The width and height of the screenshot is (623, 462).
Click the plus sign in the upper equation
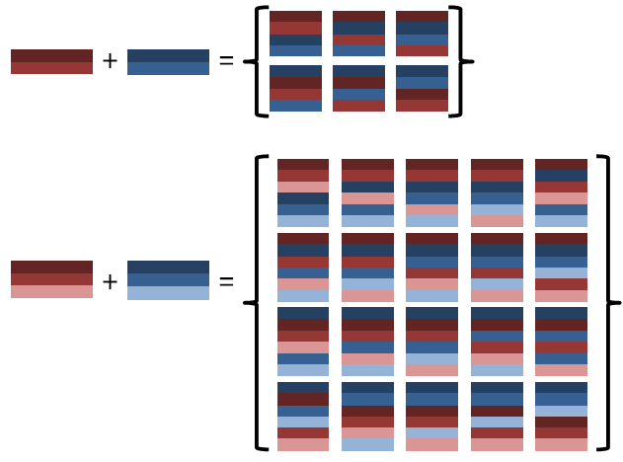[x=110, y=61]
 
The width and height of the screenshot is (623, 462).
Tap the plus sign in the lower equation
[x=110, y=282]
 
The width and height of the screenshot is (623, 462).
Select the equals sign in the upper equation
[x=226, y=61]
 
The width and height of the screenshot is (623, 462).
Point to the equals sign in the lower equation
[x=226, y=282]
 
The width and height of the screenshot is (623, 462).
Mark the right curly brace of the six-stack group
[x=460, y=61]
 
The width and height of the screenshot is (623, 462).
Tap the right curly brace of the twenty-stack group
[x=609, y=302]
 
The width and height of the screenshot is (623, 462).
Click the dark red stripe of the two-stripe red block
[x=51, y=55]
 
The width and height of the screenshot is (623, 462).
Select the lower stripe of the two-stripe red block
[x=51, y=68]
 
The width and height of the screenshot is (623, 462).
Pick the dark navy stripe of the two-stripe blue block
[x=168, y=55]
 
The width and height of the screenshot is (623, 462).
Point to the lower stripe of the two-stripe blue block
[x=168, y=68]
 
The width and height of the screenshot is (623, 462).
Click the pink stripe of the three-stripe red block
[x=51, y=292]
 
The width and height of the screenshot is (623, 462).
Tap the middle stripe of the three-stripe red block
[x=51, y=279]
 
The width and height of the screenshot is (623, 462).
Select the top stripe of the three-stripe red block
[x=51, y=267]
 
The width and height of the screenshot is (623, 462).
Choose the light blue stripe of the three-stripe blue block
[x=168, y=292]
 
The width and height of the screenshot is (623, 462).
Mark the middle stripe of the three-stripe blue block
[x=168, y=279]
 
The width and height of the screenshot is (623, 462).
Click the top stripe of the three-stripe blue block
[x=168, y=267]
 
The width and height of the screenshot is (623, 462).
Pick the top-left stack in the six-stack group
[x=295, y=34]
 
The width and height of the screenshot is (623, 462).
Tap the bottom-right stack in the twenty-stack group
[x=561, y=416]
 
